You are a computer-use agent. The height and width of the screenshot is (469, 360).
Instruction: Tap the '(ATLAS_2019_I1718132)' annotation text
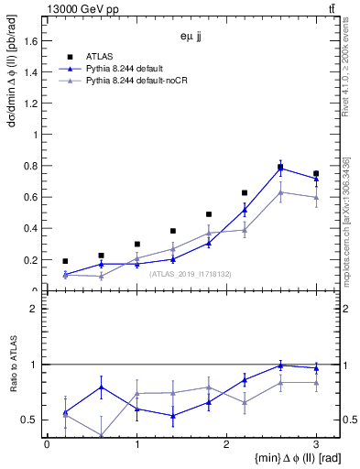pos(190,274)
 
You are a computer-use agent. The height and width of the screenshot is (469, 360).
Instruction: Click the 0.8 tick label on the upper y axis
pos(30,166)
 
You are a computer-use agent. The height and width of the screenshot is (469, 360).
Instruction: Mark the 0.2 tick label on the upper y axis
pos(30,259)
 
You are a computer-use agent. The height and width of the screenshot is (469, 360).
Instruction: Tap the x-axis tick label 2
pos(226,444)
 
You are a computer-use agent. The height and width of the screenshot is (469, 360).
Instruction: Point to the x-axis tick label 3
pos(316,444)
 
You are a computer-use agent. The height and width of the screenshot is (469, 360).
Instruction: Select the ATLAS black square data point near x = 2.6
pos(280,167)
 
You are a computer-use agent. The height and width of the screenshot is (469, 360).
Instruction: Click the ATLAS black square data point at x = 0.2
pos(65,261)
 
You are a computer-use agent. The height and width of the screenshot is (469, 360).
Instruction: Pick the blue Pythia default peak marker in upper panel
pos(280,169)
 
